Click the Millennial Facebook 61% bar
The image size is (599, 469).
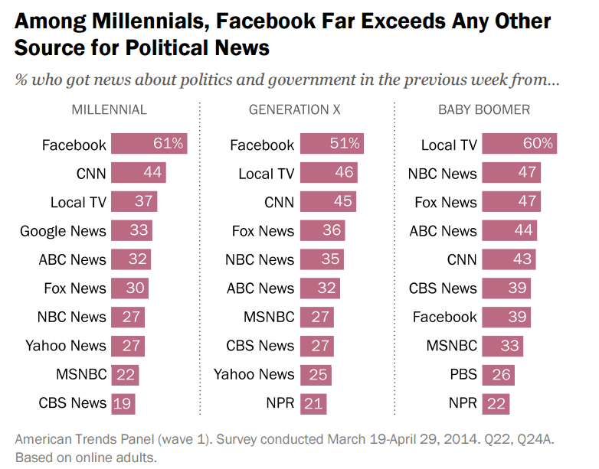tap(149, 144)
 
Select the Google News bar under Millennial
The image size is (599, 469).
tap(131, 230)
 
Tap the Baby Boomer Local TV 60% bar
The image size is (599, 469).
tap(519, 144)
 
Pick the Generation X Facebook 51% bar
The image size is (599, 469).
tap(331, 144)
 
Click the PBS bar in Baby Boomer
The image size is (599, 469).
tap(498, 374)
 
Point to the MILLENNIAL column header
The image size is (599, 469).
tap(109, 109)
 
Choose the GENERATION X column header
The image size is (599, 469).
tap(295, 109)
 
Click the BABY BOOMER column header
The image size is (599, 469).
tap(484, 109)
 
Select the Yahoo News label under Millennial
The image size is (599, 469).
tap(66, 346)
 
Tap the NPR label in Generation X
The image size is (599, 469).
tap(280, 403)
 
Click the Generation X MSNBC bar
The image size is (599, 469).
tap(317, 317)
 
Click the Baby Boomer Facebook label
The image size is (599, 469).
tap(444, 317)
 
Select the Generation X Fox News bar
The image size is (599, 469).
tap(322, 230)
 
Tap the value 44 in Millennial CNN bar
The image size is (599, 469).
tap(152, 173)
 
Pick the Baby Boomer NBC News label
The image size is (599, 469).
tap(443, 173)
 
